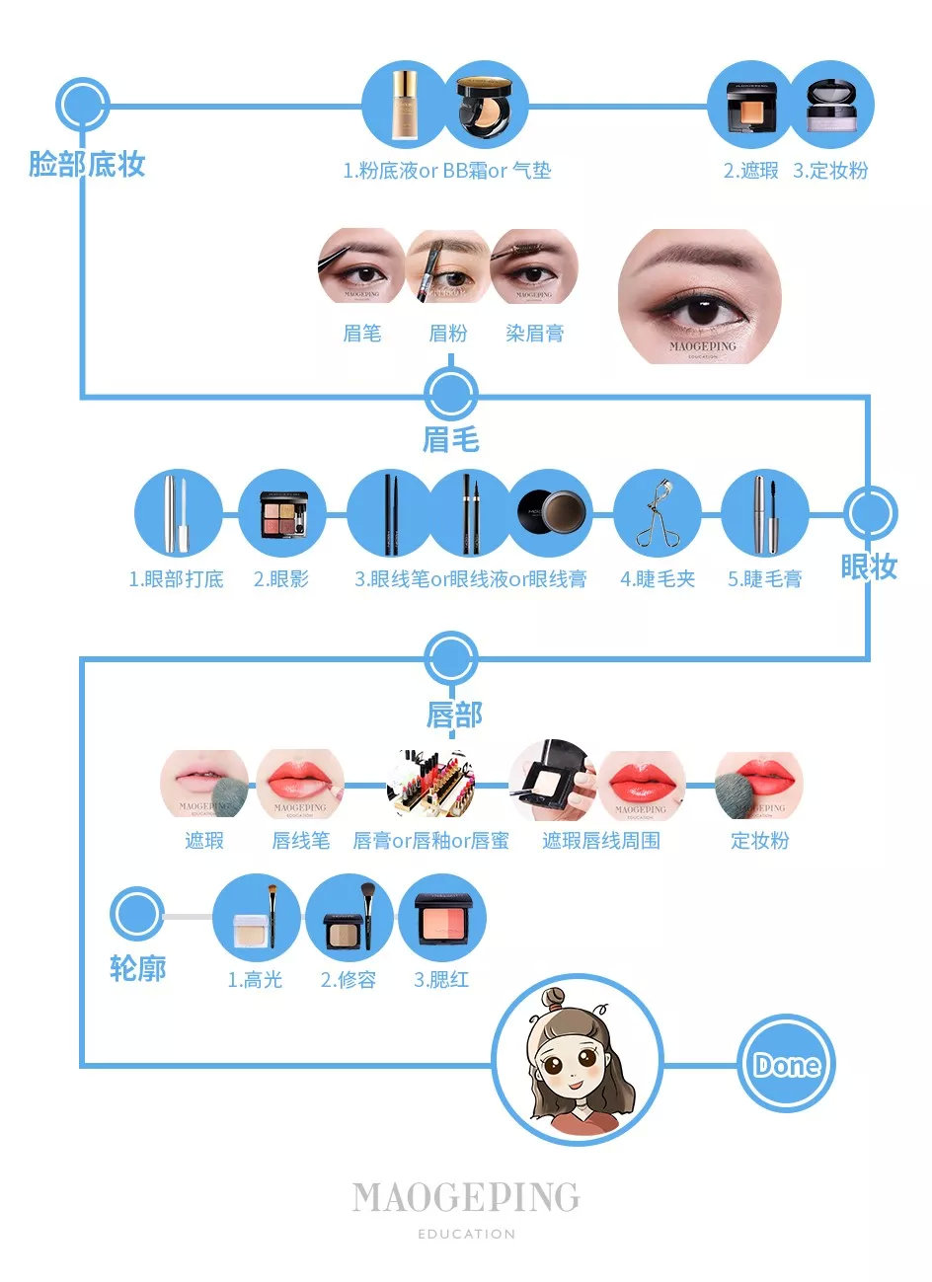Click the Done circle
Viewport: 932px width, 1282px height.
click(x=787, y=1065)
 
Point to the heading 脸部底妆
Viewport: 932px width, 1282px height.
click(x=87, y=164)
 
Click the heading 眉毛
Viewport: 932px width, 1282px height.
click(x=451, y=439)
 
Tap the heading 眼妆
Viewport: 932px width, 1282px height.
click(x=869, y=566)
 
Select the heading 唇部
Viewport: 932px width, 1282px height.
click(x=454, y=715)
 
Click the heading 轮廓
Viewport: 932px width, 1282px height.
click(x=137, y=968)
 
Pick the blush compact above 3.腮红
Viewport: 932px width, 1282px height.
click(x=442, y=918)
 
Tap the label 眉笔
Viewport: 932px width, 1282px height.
click(x=361, y=334)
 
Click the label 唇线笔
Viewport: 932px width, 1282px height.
click(x=301, y=841)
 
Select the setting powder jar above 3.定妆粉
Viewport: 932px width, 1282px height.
click(x=831, y=107)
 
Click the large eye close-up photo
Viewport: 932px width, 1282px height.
click(x=700, y=296)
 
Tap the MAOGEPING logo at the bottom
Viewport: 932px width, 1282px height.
click(x=466, y=1198)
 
